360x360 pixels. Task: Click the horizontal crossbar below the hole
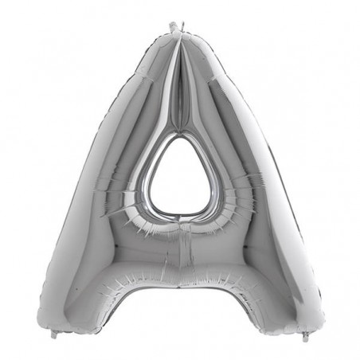tap(179, 251)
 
